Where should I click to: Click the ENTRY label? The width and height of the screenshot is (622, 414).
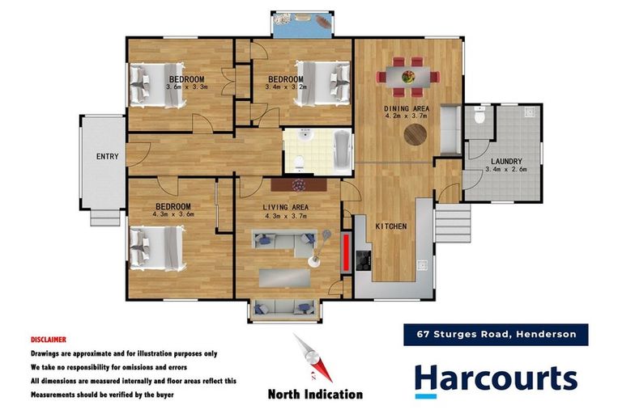point(107,156)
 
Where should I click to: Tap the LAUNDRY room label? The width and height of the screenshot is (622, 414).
point(505,161)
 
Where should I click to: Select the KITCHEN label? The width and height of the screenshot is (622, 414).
point(390,226)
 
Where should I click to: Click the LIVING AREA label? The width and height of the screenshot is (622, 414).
point(287,207)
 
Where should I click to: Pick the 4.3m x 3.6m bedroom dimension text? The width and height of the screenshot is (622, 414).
point(173,214)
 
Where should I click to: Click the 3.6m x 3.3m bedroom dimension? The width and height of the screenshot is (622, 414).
point(187,87)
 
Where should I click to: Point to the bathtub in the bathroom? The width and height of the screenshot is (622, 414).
point(342,150)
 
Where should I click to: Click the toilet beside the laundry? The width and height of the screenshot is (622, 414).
point(480,119)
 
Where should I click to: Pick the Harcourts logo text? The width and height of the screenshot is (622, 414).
point(496,379)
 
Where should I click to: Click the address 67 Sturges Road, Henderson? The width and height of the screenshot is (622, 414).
point(496,334)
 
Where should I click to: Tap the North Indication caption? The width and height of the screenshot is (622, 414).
point(315,395)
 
